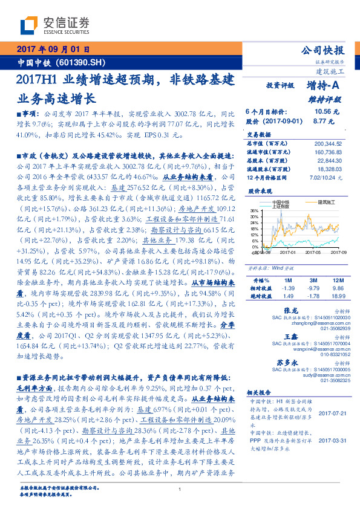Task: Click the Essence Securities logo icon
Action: (30, 25)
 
